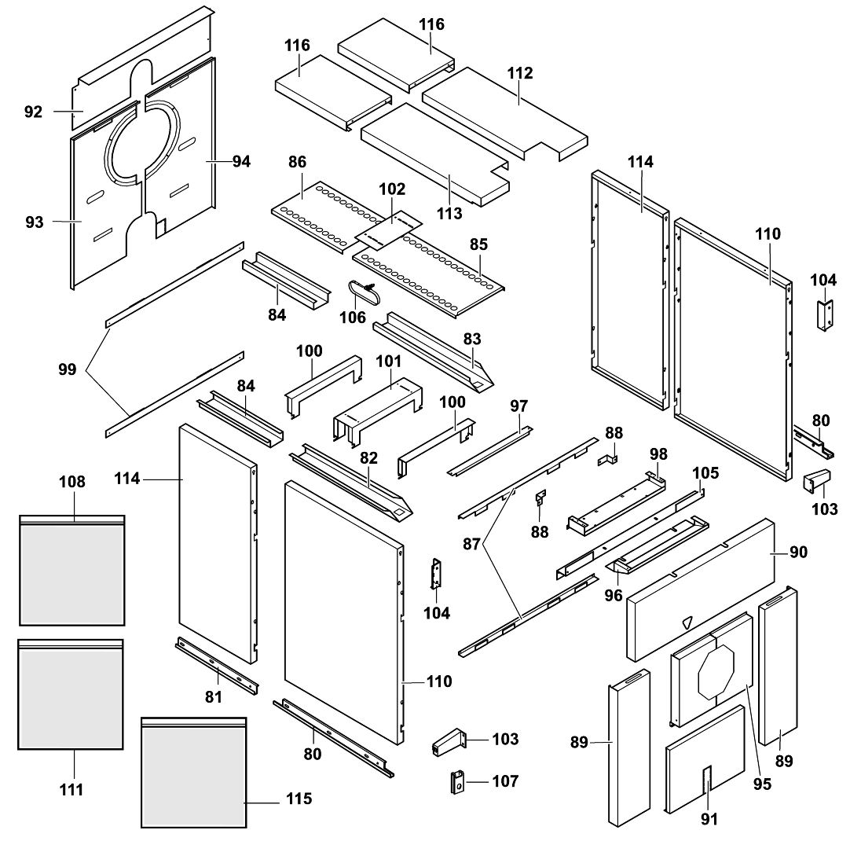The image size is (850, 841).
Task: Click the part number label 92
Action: (x=33, y=112)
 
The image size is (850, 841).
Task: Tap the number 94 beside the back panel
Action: (x=241, y=161)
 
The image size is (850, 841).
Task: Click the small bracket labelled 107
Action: (x=456, y=783)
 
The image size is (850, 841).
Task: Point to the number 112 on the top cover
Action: (x=520, y=73)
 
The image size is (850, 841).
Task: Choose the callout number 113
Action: (x=450, y=212)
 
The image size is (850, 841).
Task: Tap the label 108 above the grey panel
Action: (x=72, y=481)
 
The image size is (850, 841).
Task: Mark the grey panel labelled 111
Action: (x=71, y=696)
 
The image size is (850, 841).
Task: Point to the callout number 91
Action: (x=709, y=819)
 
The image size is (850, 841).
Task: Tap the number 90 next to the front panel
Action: (x=798, y=553)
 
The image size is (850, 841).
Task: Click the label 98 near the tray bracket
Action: (x=658, y=455)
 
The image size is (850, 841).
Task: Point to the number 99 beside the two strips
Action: (x=68, y=369)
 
